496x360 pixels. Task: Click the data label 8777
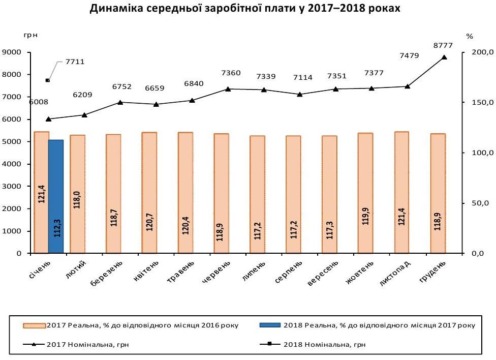pyautogui.click(x=443, y=46)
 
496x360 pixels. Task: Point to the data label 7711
pyautogui.click(x=75, y=62)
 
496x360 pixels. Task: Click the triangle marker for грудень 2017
pyautogui.click(x=444, y=57)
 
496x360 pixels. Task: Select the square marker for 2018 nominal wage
pyautogui.click(x=48, y=80)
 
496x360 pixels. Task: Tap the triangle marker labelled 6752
pyautogui.click(x=120, y=102)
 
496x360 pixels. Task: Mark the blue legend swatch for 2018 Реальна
pyautogui.click(x=269, y=325)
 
